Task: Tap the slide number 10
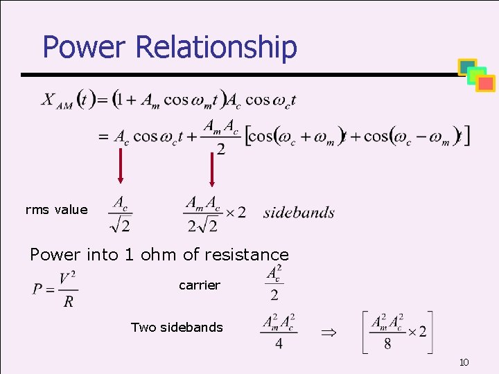[x=464, y=363]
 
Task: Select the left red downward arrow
[x=121, y=166]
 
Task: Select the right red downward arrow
[x=212, y=166]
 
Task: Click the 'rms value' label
[x=56, y=210]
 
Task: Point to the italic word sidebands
[x=299, y=213]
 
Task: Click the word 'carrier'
[x=200, y=285]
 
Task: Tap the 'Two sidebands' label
[x=177, y=327]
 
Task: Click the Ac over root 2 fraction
[x=121, y=213]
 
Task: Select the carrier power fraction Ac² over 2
[x=274, y=283]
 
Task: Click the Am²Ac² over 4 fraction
[x=279, y=332]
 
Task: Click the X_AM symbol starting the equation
[x=57, y=100]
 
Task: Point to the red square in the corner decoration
[x=486, y=84]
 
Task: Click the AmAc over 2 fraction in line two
[x=220, y=137]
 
